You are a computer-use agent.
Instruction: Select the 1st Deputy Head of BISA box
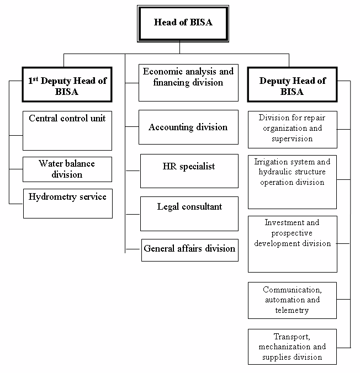coord(67,86)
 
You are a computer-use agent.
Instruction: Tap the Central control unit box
coord(67,130)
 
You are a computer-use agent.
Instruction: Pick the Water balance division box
coord(67,169)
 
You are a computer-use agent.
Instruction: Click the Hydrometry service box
coord(67,203)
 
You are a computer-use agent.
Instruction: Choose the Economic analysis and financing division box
coord(188,82)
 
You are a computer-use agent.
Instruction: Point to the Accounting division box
coord(188,127)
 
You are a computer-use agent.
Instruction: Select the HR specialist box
coord(189,171)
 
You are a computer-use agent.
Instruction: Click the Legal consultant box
coord(189,213)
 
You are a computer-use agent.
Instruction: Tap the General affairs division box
coord(189,249)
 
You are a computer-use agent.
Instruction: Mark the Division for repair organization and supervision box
coord(293,129)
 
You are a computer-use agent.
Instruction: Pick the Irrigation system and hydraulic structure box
coord(293,182)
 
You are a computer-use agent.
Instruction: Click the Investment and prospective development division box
coord(293,244)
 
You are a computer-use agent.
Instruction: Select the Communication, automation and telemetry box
coord(293,300)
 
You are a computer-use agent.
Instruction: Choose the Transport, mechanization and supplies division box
coord(293,347)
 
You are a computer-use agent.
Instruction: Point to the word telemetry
coord(293,310)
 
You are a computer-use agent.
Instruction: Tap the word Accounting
coord(168,127)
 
